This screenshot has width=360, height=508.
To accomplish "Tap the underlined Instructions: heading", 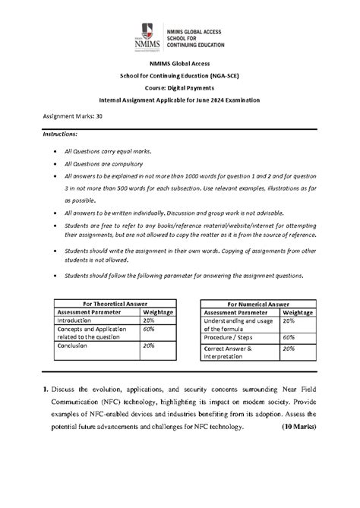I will (65, 134).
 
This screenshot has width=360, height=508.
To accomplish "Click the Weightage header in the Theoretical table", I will (158, 312).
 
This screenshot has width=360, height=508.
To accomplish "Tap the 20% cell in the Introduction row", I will (148, 321).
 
